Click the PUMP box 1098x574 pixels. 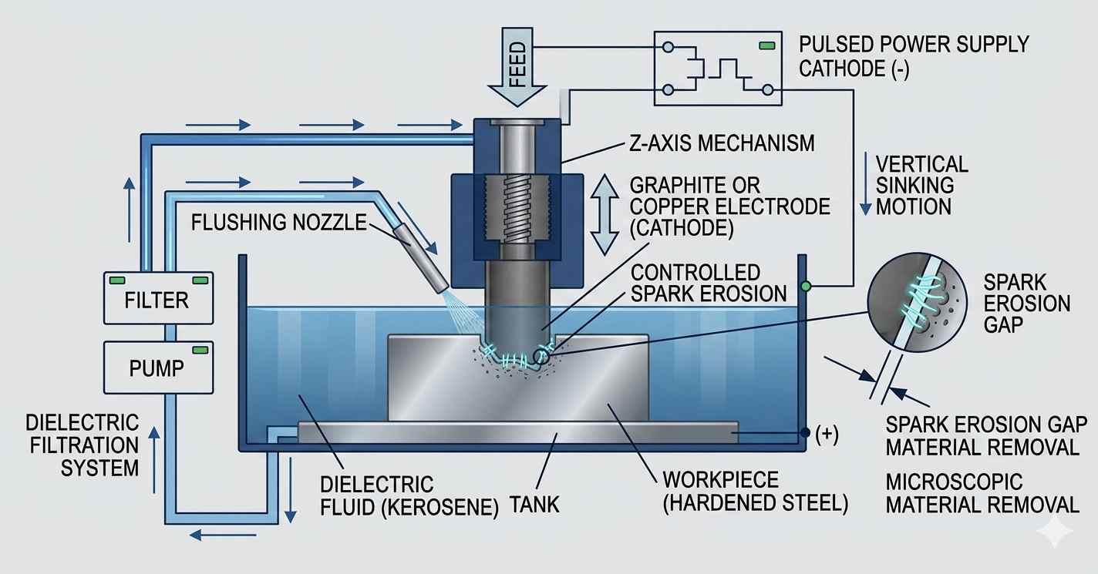pos(157,368)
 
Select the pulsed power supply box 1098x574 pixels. pos(716,68)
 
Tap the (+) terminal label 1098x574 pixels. pos(826,435)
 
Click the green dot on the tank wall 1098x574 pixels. pos(807,286)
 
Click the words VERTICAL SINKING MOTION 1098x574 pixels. pos(921,185)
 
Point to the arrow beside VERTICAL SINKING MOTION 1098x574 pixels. pos(866,186)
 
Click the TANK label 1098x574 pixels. pos(534,505)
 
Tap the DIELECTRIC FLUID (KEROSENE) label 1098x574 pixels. pos(409,496)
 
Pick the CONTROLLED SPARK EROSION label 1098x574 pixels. pos(708,283)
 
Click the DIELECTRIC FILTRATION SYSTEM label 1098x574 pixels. pos(83,445)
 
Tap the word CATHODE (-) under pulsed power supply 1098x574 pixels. pos(854,69)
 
